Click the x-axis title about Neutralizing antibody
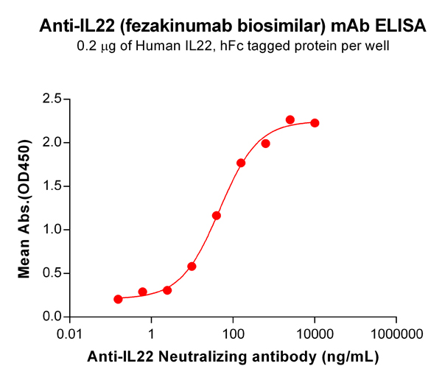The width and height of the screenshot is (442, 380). [233, 357]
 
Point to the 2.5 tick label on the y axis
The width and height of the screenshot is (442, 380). [52, 99]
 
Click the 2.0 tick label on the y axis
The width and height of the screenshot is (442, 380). [52, 142]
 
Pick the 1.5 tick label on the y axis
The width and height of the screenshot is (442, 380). [52, 186]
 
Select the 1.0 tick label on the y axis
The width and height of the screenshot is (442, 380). [52, 230]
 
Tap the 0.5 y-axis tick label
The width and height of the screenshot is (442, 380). [52, 273]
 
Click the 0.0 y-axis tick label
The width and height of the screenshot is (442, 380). [52, 317]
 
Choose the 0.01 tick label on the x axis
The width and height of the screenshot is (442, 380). [70, 334]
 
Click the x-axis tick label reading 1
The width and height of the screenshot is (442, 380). [152, 334]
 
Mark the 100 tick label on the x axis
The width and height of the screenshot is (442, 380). [233, 334]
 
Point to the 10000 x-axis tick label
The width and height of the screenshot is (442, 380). [315, 334]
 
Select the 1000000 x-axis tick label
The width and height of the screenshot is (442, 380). [396, 334]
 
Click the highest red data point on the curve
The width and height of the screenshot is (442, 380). [290, 120]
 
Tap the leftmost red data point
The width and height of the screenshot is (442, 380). [118, 299]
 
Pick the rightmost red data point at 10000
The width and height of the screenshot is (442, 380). [315, 123]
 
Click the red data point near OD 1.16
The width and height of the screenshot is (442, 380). [217, 216]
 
